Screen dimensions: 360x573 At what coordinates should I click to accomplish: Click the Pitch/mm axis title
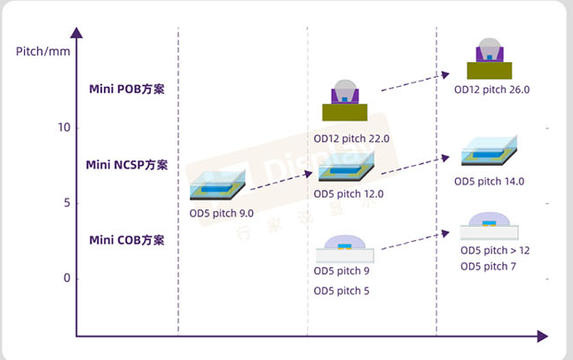(x=43, y=50)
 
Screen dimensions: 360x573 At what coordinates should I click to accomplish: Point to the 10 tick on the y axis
(x=63, y=128)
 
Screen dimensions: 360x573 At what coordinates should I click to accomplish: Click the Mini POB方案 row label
(x=127, y=89)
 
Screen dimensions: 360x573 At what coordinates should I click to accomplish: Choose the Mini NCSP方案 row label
(x=127, y=165)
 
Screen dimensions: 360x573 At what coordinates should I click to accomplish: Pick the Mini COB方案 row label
(x=127, y=240)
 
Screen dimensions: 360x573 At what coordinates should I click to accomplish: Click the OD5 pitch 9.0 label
(x=222, y=214)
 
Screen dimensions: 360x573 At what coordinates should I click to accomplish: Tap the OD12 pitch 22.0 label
(x=352, y=139)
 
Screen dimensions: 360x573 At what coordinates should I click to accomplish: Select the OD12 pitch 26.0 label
(x=491, y=90)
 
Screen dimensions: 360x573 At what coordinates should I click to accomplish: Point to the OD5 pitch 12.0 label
(x=349, y=193)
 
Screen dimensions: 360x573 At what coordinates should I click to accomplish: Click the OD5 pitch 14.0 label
(x=490, y=182)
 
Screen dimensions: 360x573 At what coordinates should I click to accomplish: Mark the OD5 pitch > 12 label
(x=495, y=250)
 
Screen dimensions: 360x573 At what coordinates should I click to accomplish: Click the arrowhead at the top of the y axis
(x=77, y=34)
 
